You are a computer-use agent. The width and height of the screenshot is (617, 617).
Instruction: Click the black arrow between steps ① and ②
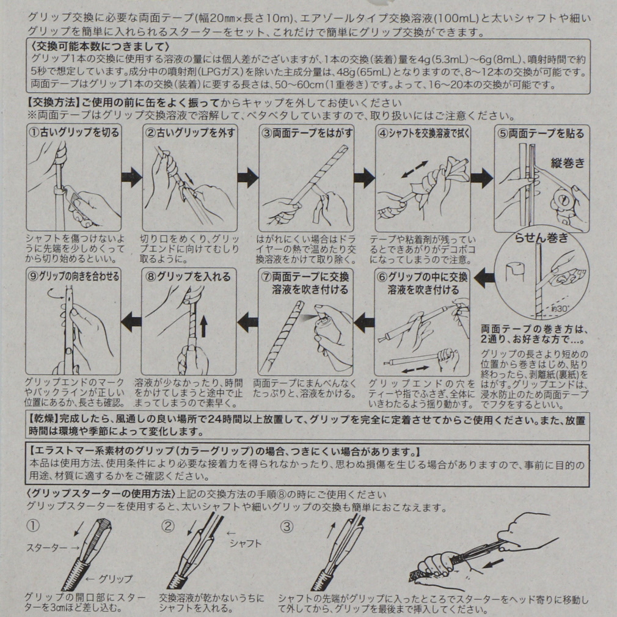(131, 178)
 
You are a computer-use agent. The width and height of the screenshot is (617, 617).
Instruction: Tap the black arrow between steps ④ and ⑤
(481, 178)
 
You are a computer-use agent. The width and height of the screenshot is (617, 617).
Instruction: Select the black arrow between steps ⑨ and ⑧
(131, 321)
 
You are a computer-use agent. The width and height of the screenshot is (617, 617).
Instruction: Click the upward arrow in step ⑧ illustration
(203, 327)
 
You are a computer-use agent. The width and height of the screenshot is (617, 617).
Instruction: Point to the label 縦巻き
(568, 163)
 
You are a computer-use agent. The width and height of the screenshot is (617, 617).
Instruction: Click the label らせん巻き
(541, 238)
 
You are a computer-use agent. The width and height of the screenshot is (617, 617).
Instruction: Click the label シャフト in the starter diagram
(246, 544)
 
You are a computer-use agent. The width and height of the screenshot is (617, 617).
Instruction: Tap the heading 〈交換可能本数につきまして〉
(100, 47)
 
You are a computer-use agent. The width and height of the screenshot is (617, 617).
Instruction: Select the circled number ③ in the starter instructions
(287, 527)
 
